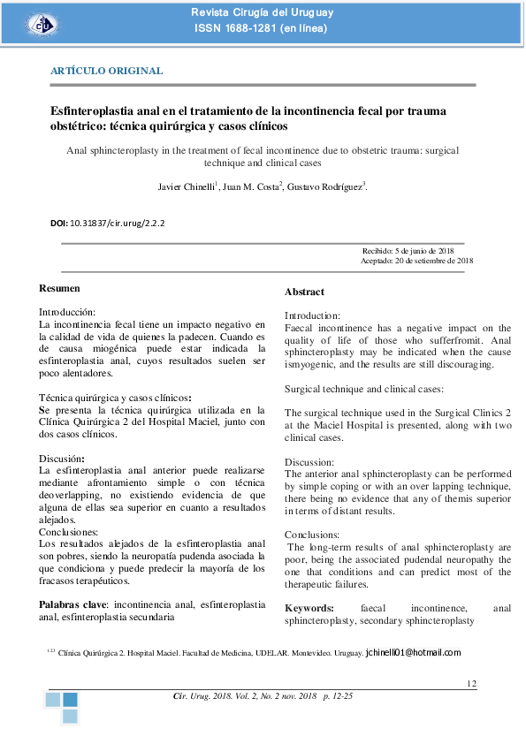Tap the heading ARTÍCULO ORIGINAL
pos(106,70)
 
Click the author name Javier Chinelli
pos(182,186)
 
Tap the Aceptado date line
pos(417,261)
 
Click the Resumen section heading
pos(60,289)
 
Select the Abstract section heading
pos(304,292)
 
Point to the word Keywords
pos(309,608)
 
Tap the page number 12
pos(471,684)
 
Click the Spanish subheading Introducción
pos(67,313)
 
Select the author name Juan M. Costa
pos(251,186)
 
